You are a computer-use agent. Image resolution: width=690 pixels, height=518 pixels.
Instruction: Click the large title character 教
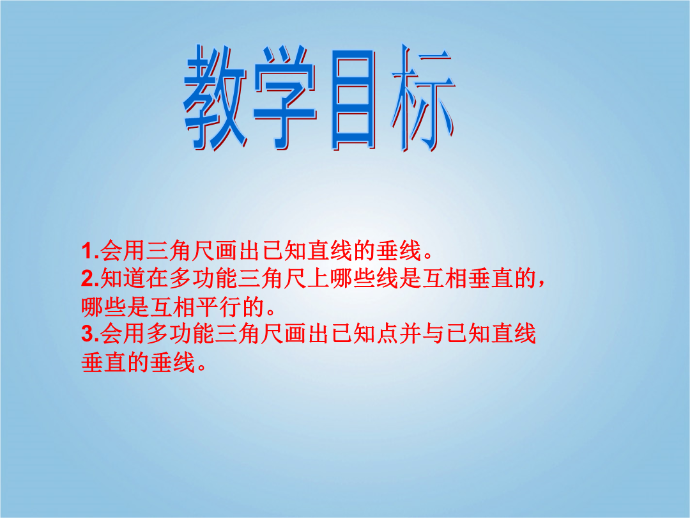215,98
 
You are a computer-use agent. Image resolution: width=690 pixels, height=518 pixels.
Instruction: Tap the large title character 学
285,98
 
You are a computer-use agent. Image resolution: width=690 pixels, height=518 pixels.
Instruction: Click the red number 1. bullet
90,251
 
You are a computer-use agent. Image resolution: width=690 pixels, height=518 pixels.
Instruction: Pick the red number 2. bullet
90,278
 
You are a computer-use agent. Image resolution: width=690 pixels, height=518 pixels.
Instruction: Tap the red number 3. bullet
90,333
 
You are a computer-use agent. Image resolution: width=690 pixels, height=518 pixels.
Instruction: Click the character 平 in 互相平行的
207,306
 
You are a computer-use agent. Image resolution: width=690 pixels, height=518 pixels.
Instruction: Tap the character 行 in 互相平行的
230,306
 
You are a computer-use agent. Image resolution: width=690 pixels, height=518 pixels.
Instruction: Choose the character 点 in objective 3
387,333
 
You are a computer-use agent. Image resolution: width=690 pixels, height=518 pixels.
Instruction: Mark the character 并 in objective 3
410,333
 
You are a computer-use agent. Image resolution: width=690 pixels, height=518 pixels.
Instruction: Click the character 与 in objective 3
433,333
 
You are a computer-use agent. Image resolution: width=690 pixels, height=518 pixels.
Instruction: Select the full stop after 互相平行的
270,311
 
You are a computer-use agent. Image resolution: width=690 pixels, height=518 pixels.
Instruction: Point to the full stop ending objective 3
201,366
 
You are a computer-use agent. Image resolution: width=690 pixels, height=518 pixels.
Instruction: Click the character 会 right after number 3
111,333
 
